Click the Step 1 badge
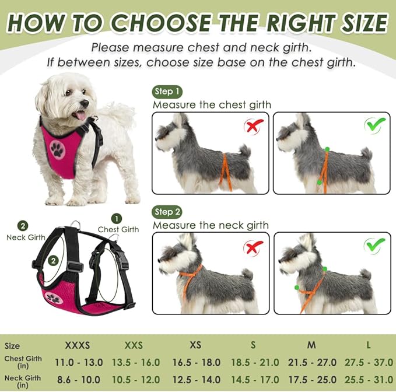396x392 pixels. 167,92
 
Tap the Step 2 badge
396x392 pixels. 167,212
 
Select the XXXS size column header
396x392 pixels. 79,345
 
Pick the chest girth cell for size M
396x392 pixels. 311,363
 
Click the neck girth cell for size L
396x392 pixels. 368,379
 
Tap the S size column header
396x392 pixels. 253,345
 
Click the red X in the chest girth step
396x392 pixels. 254,125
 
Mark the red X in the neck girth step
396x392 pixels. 254,247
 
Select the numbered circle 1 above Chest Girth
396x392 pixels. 117,218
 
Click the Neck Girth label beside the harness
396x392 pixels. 26,237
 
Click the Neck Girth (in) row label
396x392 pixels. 22,381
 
